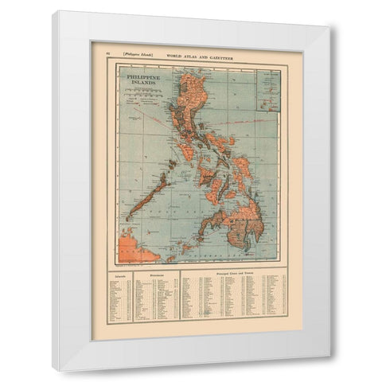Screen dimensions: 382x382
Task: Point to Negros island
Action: [222, 196]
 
